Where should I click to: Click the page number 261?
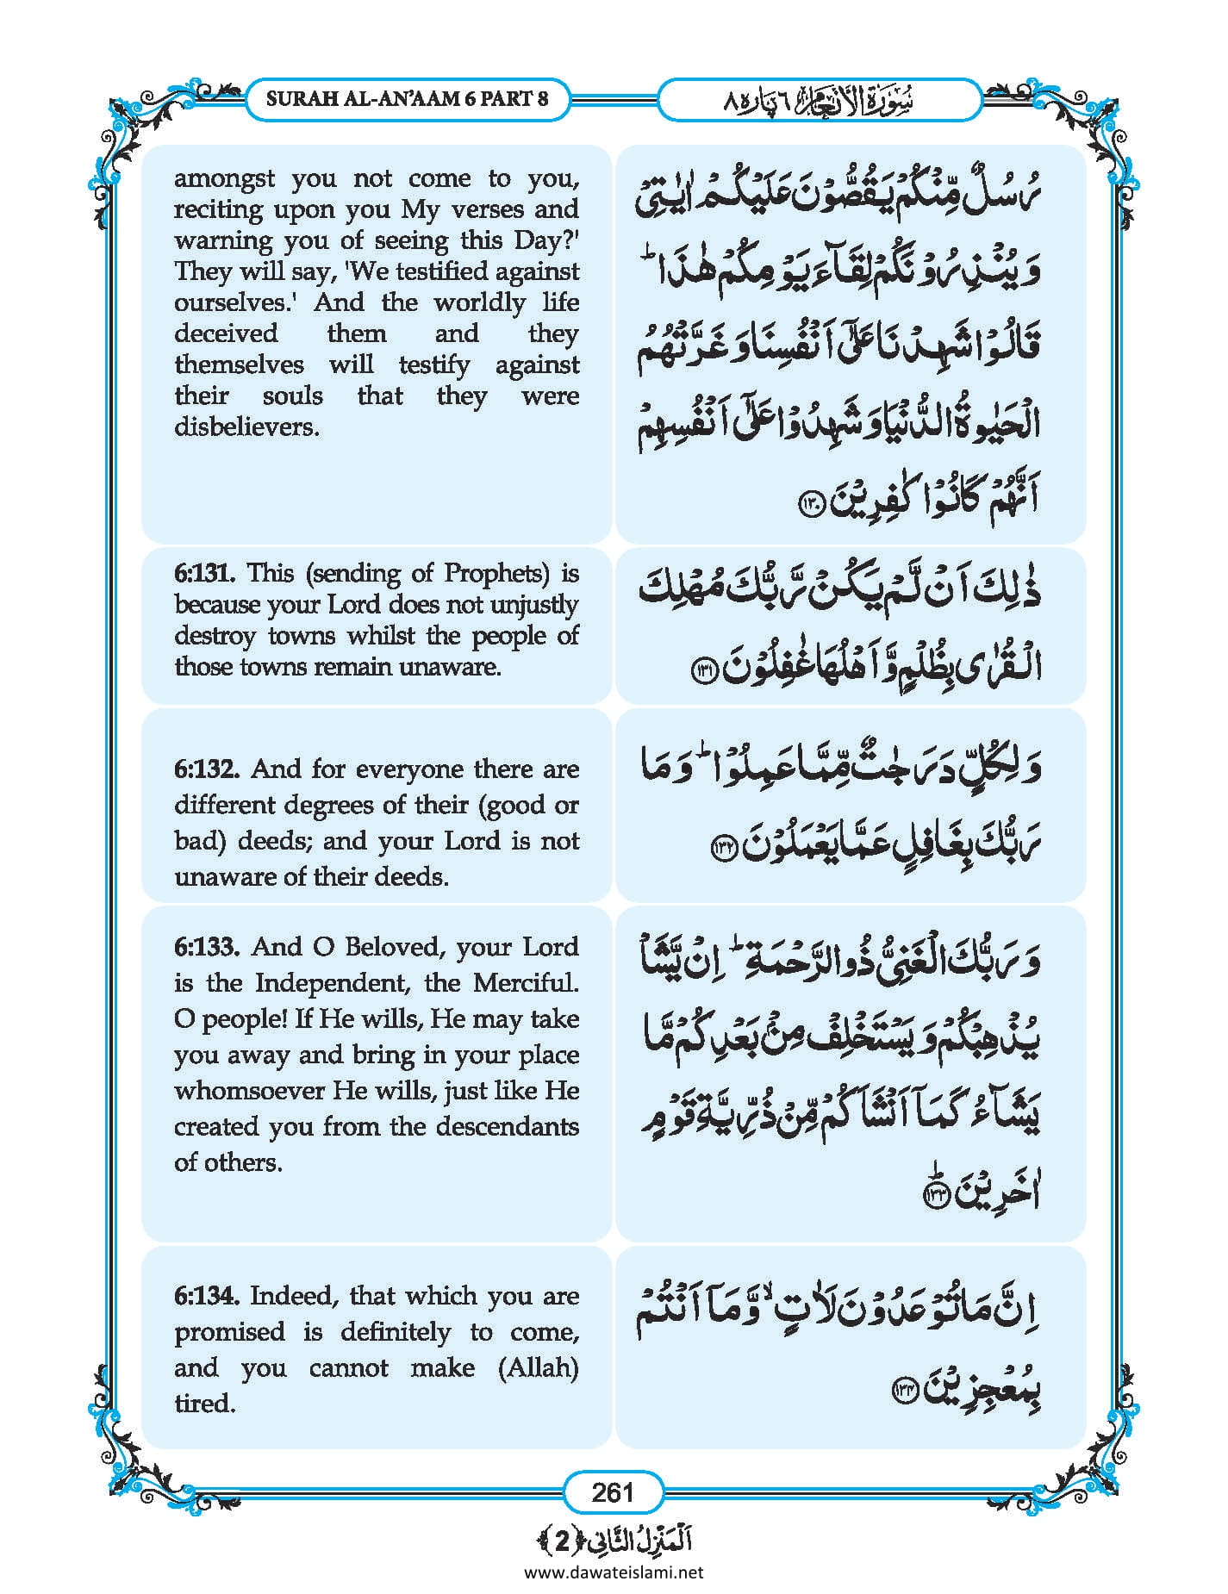click(x=613, y=1491)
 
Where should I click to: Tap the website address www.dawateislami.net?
click(x=613, y=1572)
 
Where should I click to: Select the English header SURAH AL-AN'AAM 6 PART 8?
click(x=407, y=98)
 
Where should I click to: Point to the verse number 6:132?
click(x=207, y=769)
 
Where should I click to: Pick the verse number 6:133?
click(x=207, y=947)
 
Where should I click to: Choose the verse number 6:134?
click(x=207, y=1296)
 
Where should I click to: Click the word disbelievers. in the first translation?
click(x=246, y=427)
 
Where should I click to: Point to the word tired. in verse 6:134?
click(x=205, y=1404)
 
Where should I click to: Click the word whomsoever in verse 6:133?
click(x=249, y=1091)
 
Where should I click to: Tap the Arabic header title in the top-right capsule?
click(x=819, y=100)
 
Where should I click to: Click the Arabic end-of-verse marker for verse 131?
click(x=705, y=670)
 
